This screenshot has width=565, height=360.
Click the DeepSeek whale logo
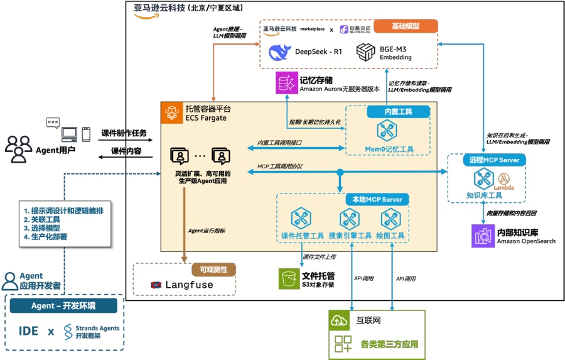point(280,52)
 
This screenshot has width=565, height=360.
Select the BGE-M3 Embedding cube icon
point(365,53)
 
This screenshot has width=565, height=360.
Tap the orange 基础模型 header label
point(406,26)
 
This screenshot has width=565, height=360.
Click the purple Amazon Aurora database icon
point(286,84)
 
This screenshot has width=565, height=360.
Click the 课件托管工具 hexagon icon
point(298,219)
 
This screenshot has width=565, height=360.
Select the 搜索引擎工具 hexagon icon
point(349,219)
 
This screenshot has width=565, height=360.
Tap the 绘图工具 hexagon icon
point(390,219)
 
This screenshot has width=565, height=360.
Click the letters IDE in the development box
point(29,330)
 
